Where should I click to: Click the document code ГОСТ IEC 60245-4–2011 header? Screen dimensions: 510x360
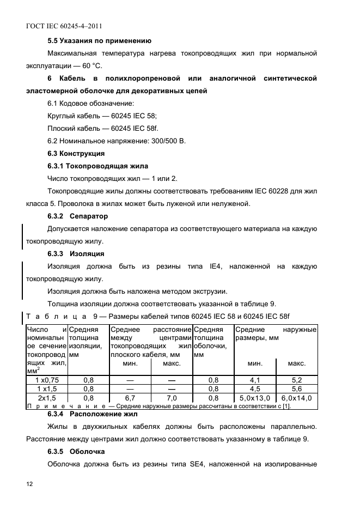[64, 26]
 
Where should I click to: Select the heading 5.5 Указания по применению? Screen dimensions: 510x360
[99, 41]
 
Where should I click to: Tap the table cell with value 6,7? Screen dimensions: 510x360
[130, 398]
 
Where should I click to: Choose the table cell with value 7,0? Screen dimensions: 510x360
[172, 398]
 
